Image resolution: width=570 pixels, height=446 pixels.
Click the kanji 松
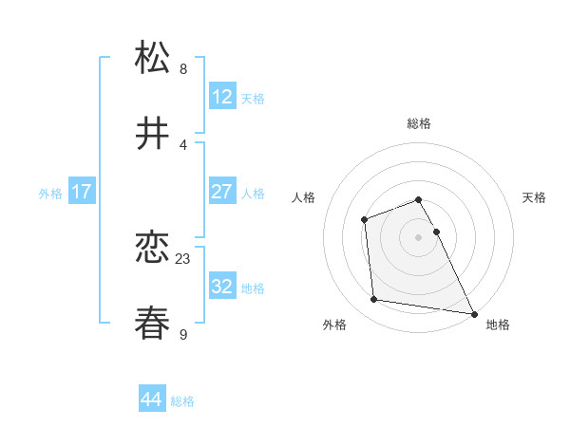tap(154, 58)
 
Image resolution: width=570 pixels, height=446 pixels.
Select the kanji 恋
tap(154, 248)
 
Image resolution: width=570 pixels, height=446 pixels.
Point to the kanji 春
tap(154, 324)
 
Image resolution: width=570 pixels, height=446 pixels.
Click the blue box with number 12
tap(221, 97)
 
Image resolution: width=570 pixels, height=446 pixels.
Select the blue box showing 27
tap(221, 192)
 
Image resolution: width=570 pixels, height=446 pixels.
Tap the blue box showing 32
tap(221, 287)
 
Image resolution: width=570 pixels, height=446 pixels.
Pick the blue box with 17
tap(81, 192)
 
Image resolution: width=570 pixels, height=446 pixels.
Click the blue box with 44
tap(151, 400)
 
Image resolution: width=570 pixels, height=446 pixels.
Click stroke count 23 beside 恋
tap(183, 258)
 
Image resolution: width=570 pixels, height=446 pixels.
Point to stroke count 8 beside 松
tap(183, 68)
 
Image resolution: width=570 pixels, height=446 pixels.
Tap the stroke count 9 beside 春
tap(183, 334)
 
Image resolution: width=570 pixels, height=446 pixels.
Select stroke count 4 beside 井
tap(183, 144)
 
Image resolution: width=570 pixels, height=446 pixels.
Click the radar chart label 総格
tap(419, 123)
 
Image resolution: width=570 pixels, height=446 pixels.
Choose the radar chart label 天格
tap(534, 197)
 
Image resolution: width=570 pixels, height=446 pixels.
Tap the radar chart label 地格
tap(498, 325)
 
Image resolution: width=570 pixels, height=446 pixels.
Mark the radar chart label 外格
tap(334, 325)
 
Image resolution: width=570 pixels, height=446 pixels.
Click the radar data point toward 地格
tap(473, 313)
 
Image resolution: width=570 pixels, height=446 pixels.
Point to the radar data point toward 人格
tap(365, 220)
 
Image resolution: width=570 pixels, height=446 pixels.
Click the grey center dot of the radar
tap(419, 237)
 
